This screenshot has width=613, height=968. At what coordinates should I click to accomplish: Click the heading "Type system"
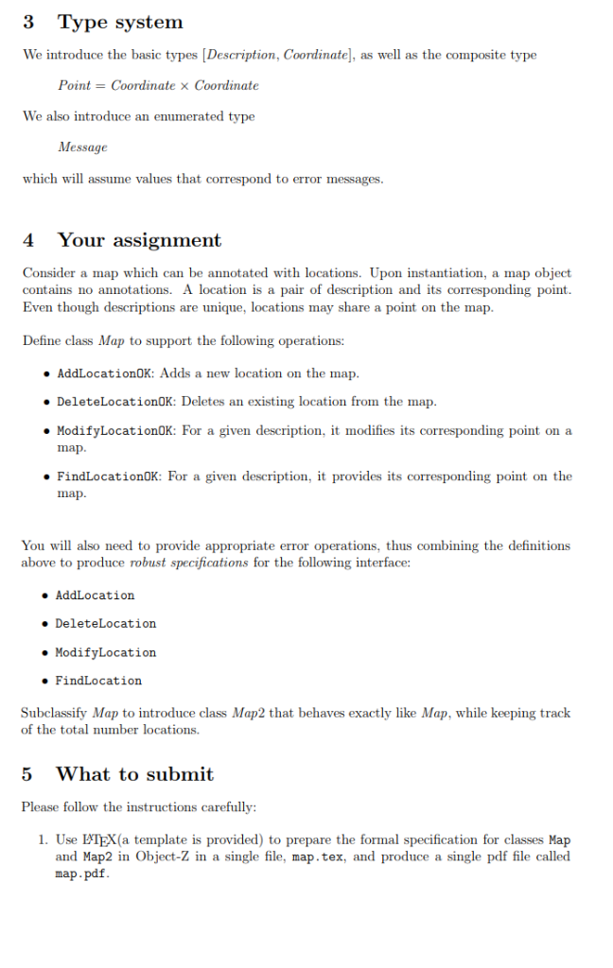120,22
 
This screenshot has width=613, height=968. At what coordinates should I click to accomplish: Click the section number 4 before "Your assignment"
28,240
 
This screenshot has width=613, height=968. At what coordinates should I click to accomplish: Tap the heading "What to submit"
134,774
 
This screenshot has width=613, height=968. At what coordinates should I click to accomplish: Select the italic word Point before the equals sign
75,85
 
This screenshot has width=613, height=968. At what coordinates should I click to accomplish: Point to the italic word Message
82,147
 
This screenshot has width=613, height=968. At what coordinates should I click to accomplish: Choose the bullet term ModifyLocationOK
115,431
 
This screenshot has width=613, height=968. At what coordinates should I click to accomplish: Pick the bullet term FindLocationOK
110,476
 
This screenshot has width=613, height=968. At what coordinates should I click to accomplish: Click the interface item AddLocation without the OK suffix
95,596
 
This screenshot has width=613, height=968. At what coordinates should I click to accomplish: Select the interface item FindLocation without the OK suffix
98,681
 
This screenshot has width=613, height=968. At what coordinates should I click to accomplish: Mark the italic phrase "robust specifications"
188,562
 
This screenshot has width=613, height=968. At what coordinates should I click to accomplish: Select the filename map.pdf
81,873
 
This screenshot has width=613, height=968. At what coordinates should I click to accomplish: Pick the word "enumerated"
185,116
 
